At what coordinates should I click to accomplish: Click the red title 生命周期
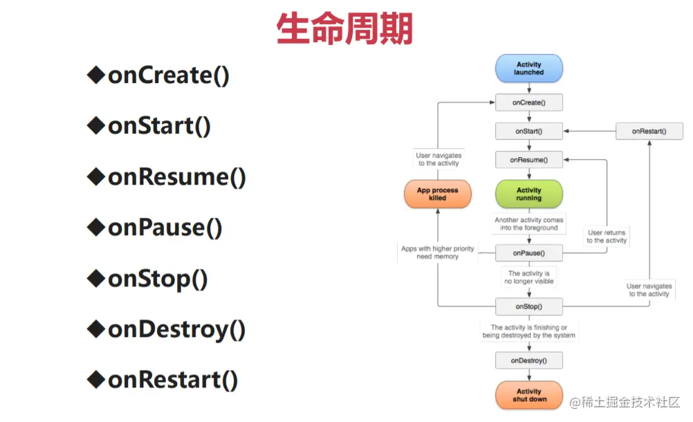pos(344,28)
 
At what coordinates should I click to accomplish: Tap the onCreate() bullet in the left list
pos(158,75)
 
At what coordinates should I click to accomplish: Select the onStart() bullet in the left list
pos(149,126)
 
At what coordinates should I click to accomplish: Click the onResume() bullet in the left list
pos(167,177)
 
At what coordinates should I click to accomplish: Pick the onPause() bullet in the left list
pos(155,228)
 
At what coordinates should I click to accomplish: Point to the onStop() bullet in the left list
pos(147,279)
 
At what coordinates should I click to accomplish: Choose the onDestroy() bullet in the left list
pos(166,330)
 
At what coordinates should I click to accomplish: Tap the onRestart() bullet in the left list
pos(163,380)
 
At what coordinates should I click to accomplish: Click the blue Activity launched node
pos(529,68)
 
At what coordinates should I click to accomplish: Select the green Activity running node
pos(529,194)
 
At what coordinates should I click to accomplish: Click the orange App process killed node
pos(438,194)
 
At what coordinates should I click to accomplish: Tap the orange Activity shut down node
pos(529,395)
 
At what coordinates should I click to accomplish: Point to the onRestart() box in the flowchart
pos(649,131)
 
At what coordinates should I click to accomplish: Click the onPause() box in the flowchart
pos(529,253)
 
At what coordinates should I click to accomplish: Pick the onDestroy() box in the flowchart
pos(529,360)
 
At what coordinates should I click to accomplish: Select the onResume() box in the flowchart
pos(529,160)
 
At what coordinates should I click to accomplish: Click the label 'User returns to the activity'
pos(607,237)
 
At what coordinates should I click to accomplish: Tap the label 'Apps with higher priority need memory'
pos(438,253)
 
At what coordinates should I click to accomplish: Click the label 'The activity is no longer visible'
pos(529,277)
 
